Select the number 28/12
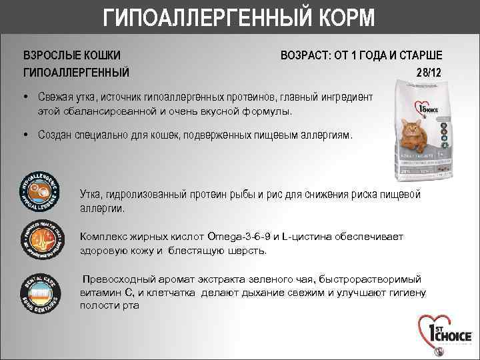(428, 71)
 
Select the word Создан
(57, 135)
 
